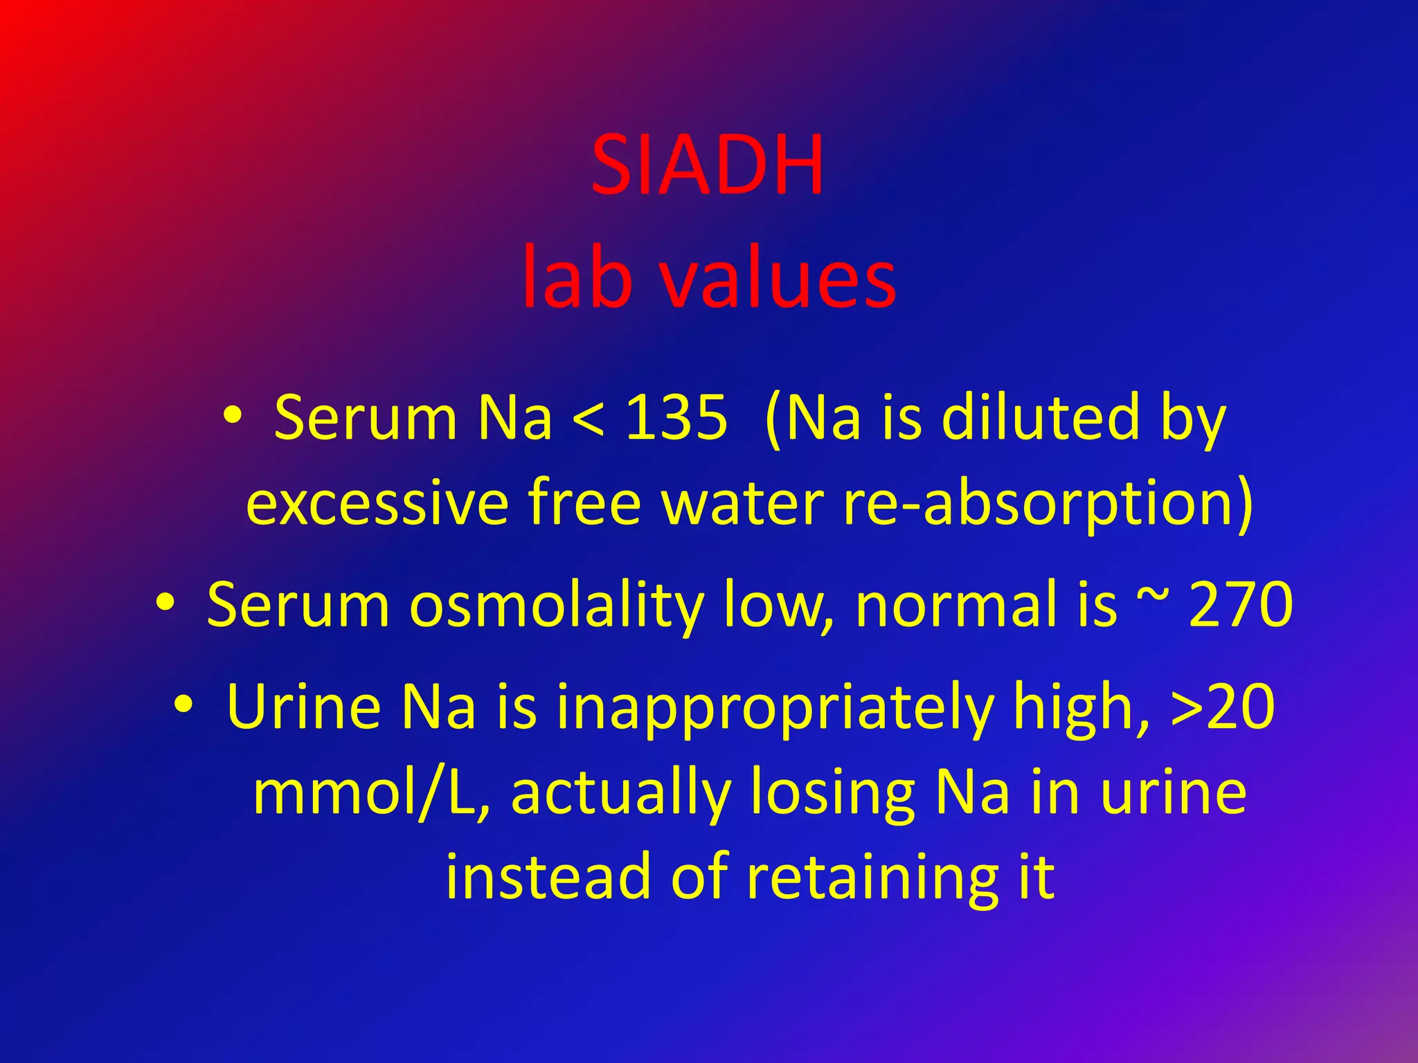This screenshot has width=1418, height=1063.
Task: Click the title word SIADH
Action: point(708,166)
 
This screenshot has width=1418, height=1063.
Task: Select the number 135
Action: point(676,417)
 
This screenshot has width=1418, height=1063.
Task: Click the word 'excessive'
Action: point(377,503)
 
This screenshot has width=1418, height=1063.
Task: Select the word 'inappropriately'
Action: point(775,707)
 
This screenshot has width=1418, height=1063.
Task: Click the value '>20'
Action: point(1222,707)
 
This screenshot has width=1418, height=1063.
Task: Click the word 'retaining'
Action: point(872,877)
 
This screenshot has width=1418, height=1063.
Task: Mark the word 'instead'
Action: point(548,877)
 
